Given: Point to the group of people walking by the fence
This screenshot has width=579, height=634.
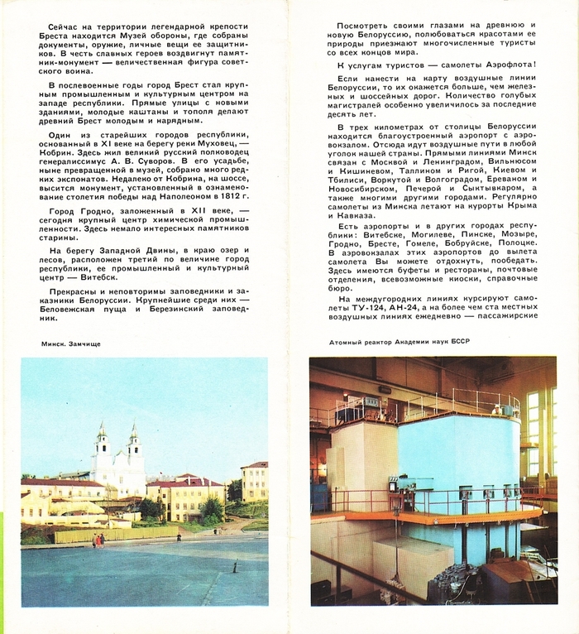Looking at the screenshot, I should pyautogui.click(x=98, y=540).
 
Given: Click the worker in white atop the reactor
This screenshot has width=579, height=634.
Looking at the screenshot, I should pyautogui.click(x=496, y=408).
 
